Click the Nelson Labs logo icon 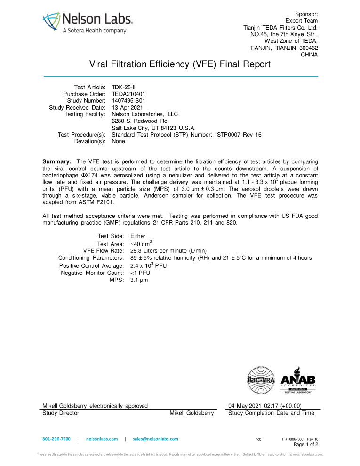point(51,22)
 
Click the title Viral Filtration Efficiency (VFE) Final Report point(180,64)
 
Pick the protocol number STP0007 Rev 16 point(239,135)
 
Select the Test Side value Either point(138,236)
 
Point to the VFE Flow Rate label point(104,251)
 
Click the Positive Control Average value point(148,265)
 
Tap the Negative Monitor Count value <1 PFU point(140,273)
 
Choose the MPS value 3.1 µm point(140,280)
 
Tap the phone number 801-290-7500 point(56,439)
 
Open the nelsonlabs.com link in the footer point(102,439)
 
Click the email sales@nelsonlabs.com point(156,439)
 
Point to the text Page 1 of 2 point(306,444)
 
